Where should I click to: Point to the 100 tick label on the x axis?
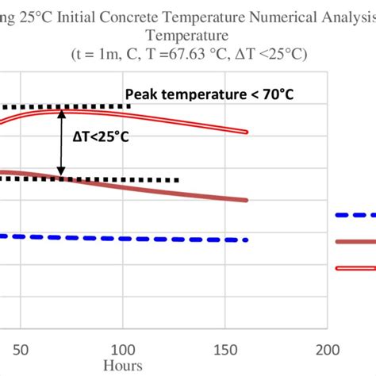[123, 349]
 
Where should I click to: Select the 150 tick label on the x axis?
[225, 349]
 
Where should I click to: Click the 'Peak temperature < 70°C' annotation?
[209, 95]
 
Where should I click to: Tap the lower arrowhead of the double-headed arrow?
[61, 172]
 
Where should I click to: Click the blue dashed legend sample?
[355, 215]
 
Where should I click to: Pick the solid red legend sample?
[355, 241]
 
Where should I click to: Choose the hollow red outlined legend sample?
[355, 268]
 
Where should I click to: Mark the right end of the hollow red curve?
[247, 132]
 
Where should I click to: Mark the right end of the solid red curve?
[247, 201]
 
